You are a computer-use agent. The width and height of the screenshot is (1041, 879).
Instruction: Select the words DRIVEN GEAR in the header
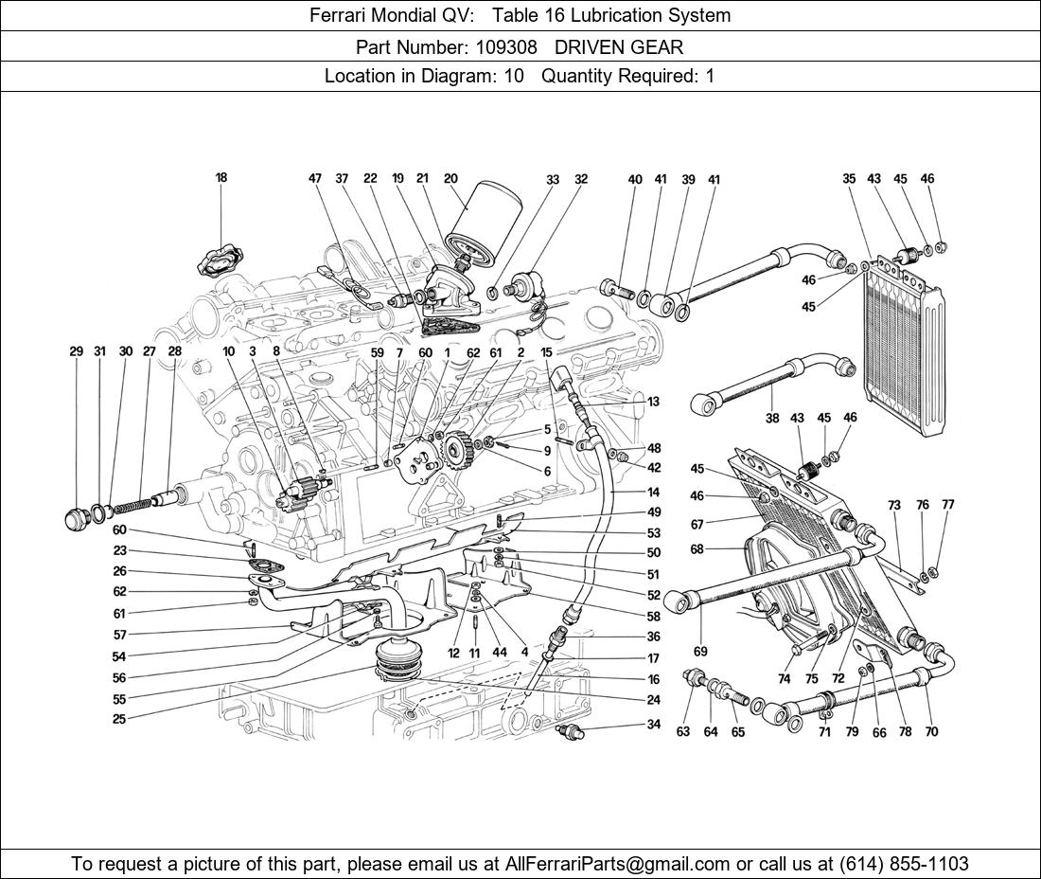pyautogui.click(x=619, y=46)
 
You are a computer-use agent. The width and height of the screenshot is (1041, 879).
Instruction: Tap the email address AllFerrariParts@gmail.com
pyautogui.click(x=618, y=863)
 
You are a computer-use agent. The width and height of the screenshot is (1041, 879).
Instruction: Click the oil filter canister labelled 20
pyautogui.click(x=482, y=225)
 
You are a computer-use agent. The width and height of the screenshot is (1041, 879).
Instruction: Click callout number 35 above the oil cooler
pyautogui.click(x=849, y=179)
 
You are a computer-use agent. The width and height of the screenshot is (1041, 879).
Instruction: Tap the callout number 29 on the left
pyautogui.click(x=77, y=351)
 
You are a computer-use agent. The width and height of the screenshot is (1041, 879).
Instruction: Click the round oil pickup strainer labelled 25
pyautogui.click(x=397, y=660)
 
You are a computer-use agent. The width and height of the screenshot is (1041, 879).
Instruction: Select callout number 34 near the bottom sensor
pyautogui.click(x=654, y=726)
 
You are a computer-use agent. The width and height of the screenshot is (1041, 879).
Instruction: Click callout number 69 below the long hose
pyautogui.click(x=700, y=652)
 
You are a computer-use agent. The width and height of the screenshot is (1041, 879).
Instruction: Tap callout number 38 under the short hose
pyautogui.click(x=772, y=418)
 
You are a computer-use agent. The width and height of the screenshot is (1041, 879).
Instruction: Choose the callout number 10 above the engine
pyautogui.click(x=228, y=351)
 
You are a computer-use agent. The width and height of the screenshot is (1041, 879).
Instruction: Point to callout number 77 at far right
pyautogui.click(x=947, y=505)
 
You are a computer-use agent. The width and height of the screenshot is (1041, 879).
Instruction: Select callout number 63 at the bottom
pyautogui.click(x=683, y=732)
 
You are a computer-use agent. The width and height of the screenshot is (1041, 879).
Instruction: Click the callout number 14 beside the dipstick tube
pyautogui.click(x=653, y=493)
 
